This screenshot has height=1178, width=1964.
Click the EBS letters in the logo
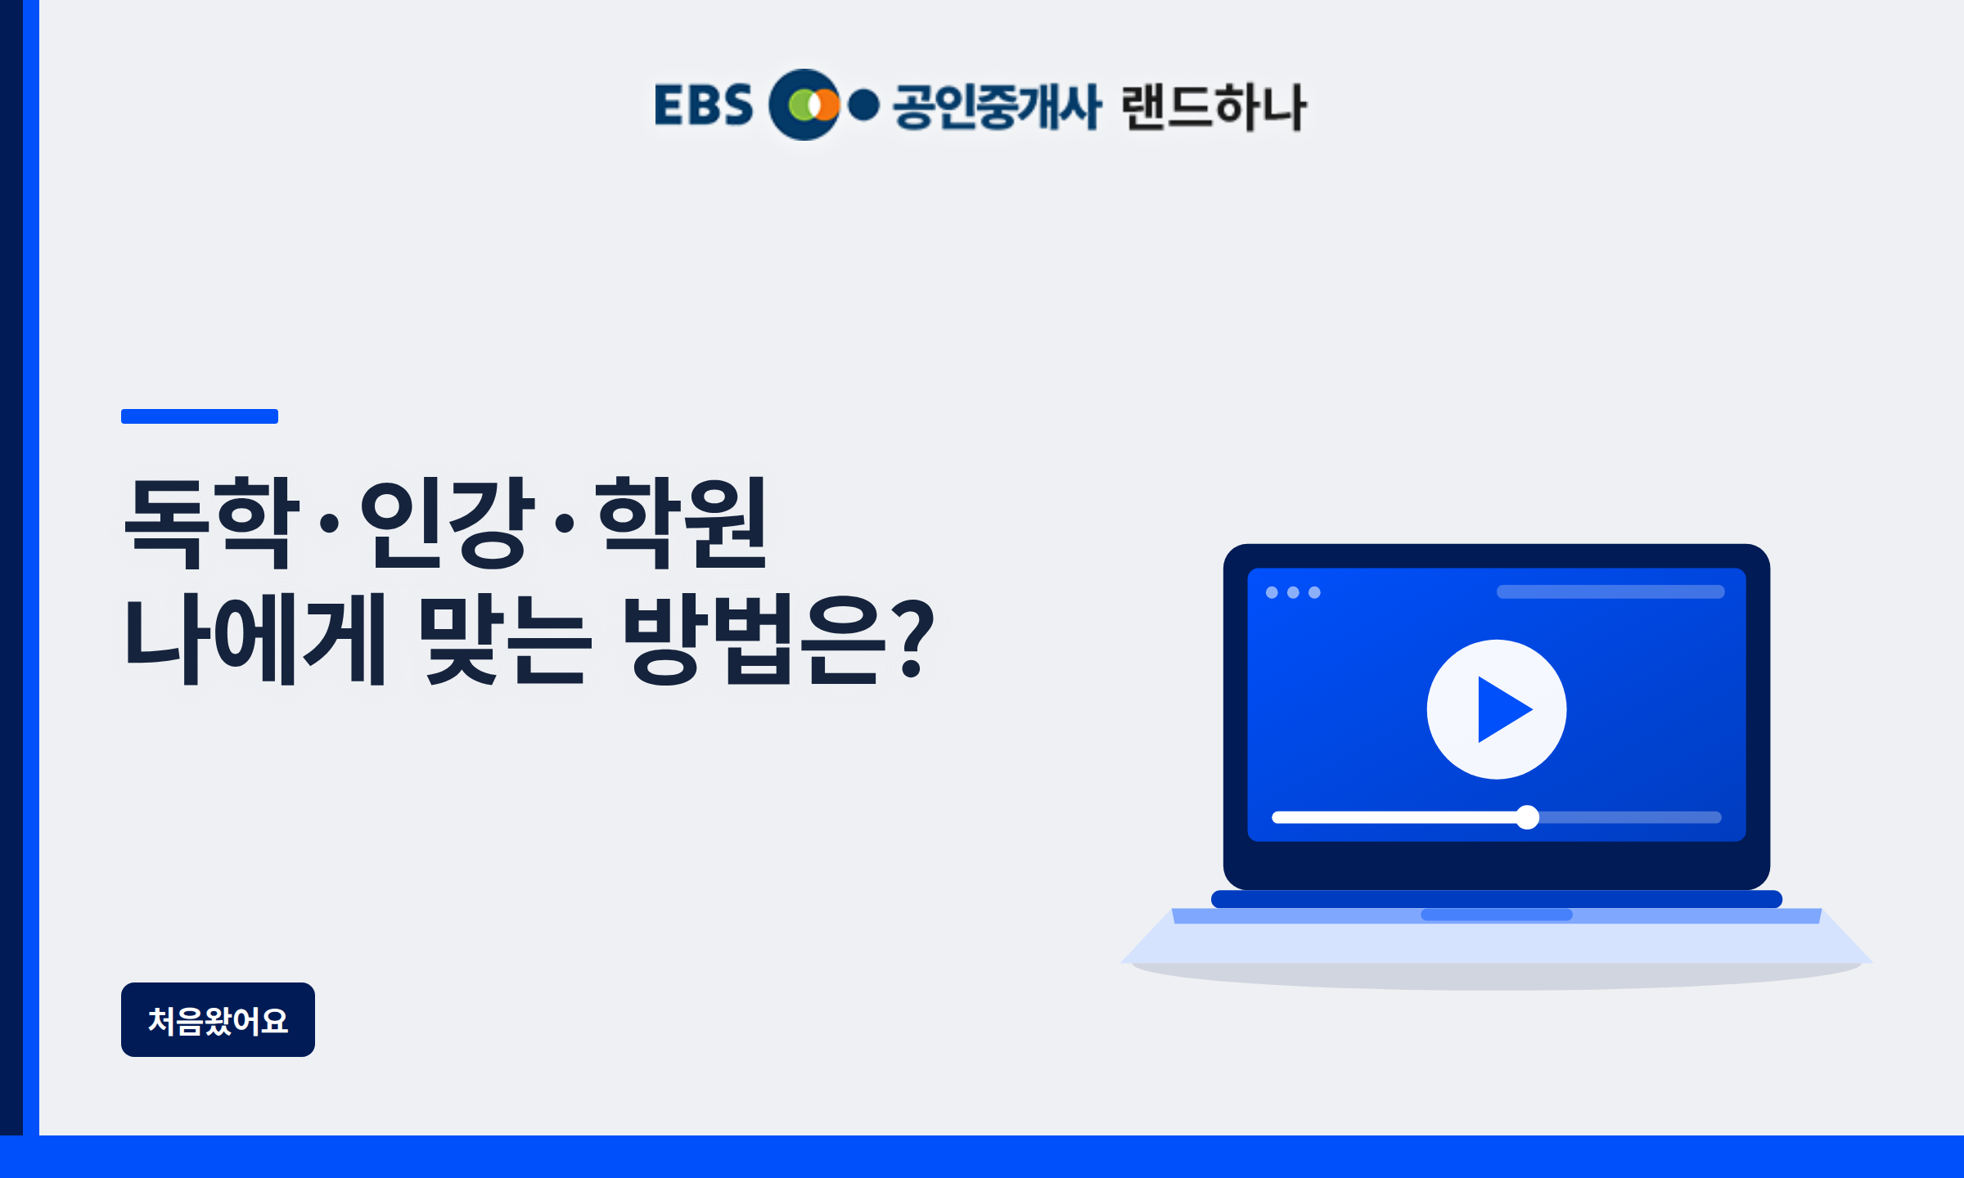703,105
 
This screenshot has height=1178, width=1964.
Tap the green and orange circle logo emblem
805,105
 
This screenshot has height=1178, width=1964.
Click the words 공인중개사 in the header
998,106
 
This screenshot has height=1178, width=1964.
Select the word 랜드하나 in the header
1214,106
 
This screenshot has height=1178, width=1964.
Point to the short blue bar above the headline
200,416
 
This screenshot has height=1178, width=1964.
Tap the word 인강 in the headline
448,522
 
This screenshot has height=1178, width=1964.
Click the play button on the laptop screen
1497,709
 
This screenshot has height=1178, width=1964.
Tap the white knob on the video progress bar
1527,817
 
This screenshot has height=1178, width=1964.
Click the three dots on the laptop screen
1293,592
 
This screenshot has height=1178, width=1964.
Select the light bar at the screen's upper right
1610,591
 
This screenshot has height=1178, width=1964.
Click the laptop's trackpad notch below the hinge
1497,915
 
